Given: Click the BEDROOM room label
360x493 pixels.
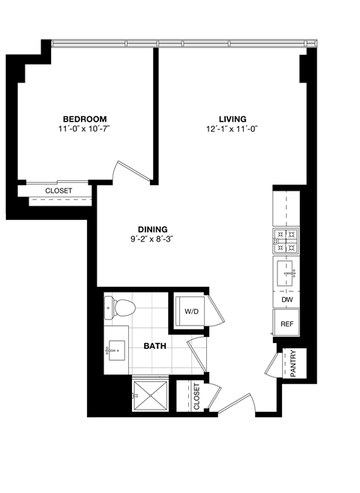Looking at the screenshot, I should pos(84,119).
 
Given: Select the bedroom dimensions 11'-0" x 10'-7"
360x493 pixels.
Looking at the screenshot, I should pos(84,130).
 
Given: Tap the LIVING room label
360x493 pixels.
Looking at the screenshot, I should pos(232,119).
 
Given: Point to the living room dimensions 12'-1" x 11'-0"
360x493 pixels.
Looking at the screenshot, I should pos(232,130).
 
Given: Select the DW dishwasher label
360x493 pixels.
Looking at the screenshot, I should pos(286,299).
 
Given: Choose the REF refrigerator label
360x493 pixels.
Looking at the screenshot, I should pos(286,324).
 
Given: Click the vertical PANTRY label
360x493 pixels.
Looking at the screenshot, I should pos(293,364).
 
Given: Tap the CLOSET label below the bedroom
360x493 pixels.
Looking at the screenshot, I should pos(58,191).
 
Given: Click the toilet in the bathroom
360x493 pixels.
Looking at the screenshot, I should pos(122,308).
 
